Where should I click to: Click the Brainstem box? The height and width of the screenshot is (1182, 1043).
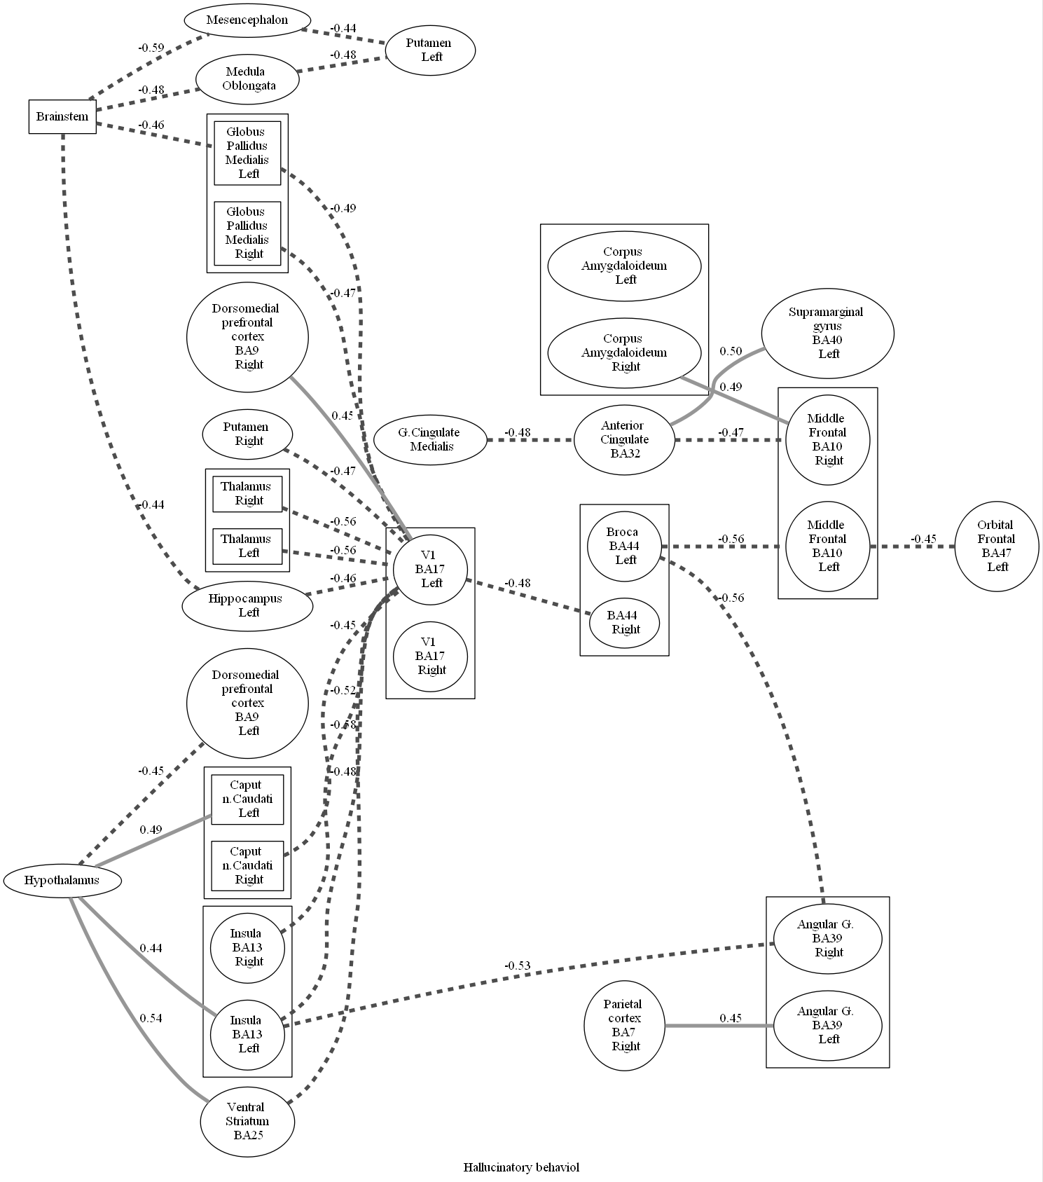click(62, 116)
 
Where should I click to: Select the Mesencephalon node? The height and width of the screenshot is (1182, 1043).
click(247, 20)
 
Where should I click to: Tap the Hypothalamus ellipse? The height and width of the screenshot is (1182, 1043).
click(62, 881)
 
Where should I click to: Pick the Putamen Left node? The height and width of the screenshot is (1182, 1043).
click(430, 50)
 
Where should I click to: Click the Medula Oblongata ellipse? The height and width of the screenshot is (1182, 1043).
click(247, 78)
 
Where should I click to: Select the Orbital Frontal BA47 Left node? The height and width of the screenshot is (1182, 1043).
click(996, 546)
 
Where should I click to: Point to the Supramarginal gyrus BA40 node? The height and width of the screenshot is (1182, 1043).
click(827, 333)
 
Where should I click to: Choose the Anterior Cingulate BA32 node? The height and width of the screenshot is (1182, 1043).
click(623, 439)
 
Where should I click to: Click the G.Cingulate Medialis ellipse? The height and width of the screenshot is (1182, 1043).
click(430, 439)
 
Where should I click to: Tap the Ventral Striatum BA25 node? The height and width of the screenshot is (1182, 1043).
click(247, 1121)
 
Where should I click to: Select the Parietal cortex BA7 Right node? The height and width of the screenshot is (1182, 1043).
click(624, 1026)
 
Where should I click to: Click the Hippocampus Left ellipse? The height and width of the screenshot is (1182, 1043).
click(247, 605)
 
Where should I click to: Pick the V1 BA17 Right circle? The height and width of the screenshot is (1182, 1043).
click(430, 656)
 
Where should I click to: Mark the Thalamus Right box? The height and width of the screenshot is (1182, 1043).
click(247, 493)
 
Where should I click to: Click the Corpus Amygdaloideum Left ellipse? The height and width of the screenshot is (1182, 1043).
click(624, 266)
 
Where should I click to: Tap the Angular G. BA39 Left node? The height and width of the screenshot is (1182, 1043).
click(827, 1025)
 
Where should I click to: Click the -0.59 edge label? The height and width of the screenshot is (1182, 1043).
click(151, 48)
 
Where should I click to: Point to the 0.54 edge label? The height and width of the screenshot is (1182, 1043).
click(151, 1018)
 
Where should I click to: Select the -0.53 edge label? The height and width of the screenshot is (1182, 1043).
click(517, 966)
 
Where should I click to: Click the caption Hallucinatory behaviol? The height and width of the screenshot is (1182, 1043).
click(521, 1167)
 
